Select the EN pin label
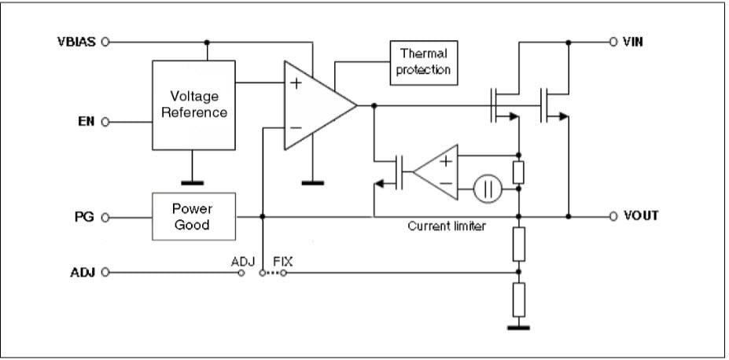(x=87, y=122)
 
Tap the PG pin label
(x=86, y=216)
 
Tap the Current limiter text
(x=446, y=226)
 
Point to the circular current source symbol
(x=488, y=189)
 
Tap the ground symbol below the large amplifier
(x=313, y=183)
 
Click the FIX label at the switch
(x=282, y=261)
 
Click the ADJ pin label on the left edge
(x=82, y=273)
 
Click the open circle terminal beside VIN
(x=613, y=42)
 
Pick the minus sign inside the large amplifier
(x=296, y=127)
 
